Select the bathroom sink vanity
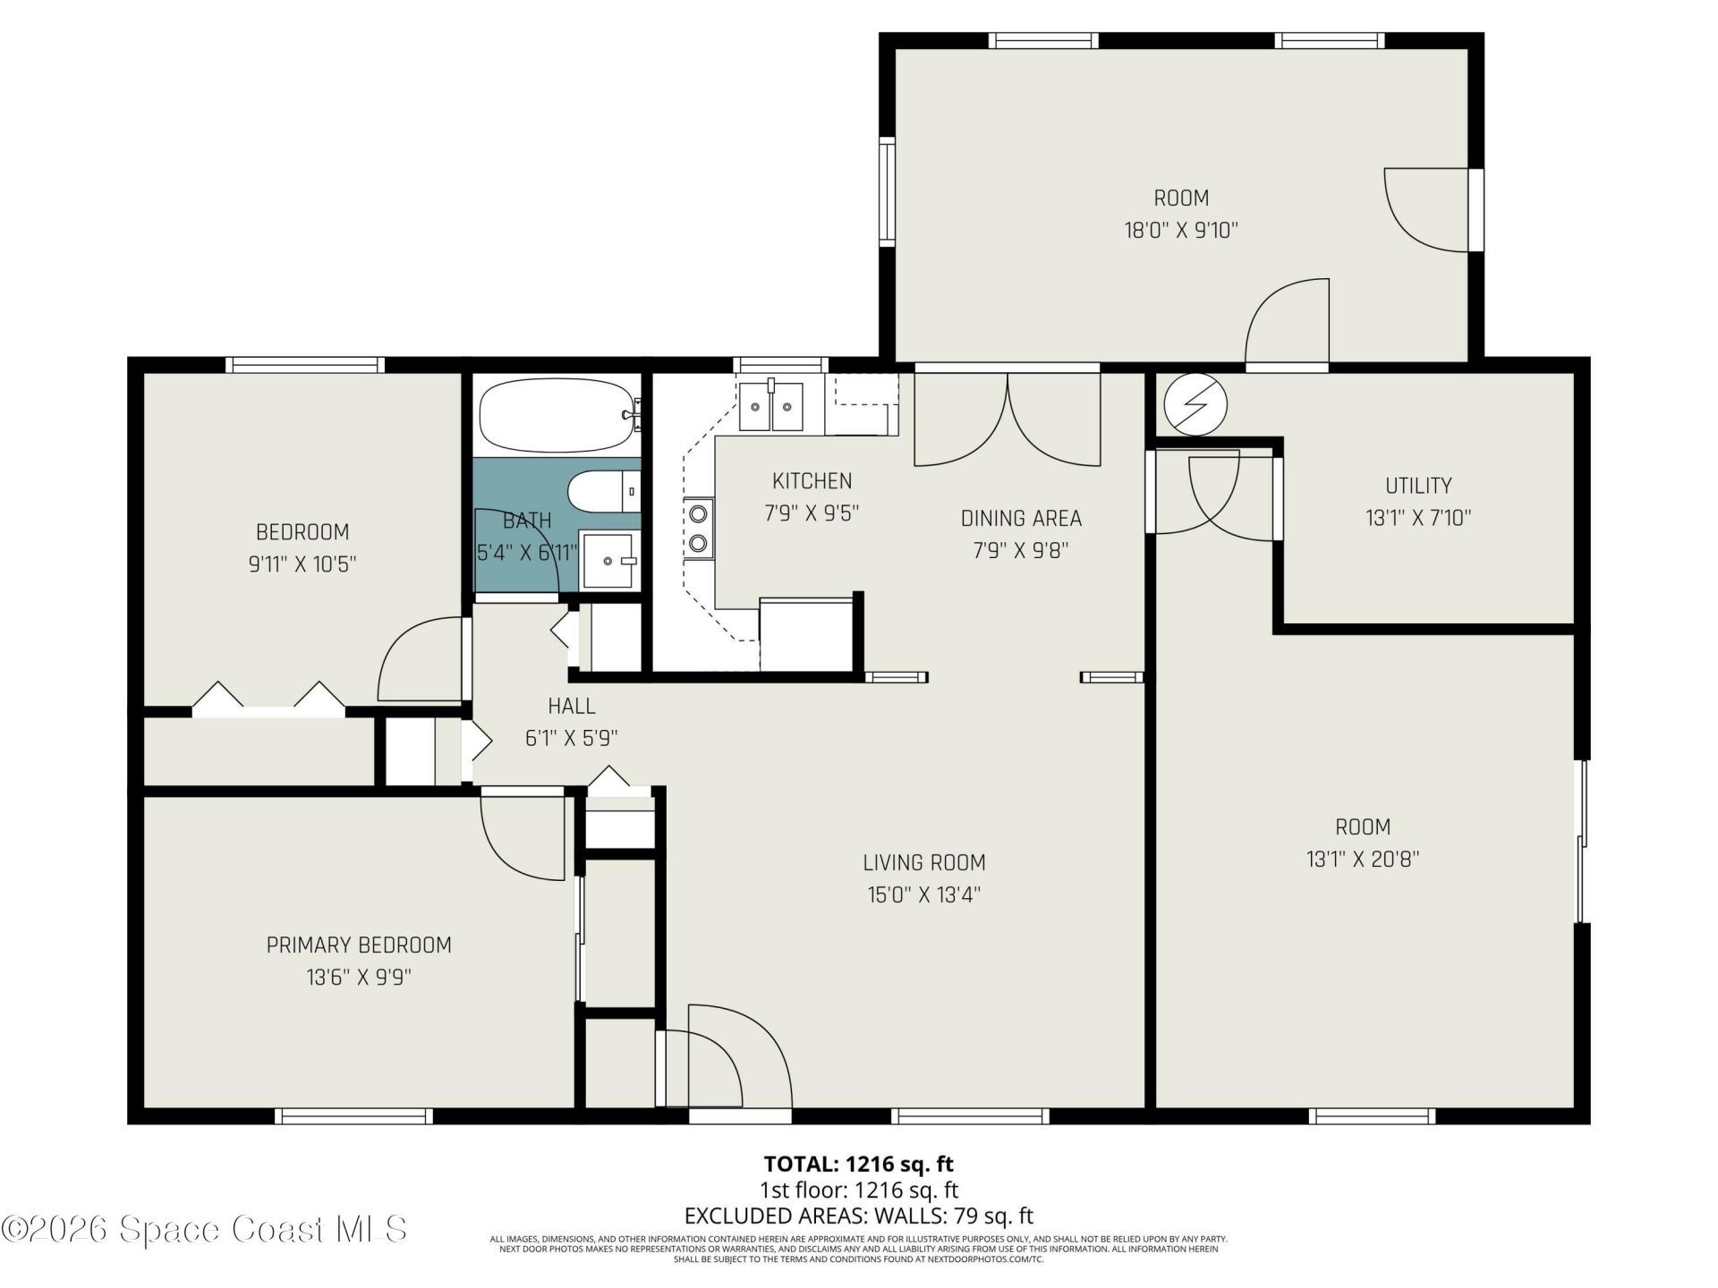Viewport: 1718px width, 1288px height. [x=610, y=560]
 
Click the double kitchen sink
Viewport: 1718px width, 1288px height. [x=770, y=407]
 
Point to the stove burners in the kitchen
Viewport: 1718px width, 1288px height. [x=698, y=528]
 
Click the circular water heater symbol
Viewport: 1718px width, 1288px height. [x=1195, y=404]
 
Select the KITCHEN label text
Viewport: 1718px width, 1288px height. [x=812, y=481]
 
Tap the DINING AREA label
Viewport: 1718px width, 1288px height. [x=1021, y=518]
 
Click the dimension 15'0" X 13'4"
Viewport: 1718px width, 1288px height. [x=924, y=894]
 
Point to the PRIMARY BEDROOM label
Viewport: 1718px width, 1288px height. [x=359, y=945]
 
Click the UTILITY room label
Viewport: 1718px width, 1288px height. [x=1418, y=486]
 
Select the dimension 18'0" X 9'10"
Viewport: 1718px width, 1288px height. [x=1181, y=230]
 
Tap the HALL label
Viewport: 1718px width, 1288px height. [x=572, y=706]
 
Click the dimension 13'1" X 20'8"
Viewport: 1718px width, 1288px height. [x=1363, y=859]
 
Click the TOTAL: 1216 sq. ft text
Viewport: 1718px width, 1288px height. [x=858, y=1164]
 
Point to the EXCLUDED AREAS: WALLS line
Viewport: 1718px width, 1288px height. [x=858, y=1216]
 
